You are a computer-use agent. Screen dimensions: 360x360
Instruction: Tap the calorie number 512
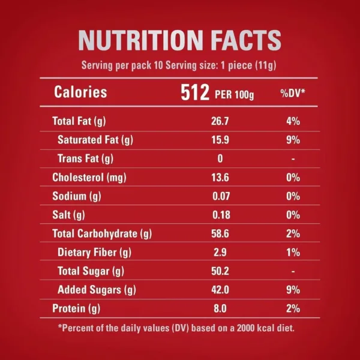point(196,92)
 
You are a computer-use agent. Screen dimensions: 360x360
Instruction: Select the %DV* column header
point(293,93)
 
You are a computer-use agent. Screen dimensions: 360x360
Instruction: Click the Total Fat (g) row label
point(79,121)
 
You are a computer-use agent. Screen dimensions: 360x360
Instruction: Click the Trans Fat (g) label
point(85,159)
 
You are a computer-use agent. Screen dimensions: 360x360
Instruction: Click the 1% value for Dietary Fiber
point(293,253)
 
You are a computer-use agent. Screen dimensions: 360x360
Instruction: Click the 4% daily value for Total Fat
point(293,121)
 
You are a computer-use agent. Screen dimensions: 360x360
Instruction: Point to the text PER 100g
point(234,94)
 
